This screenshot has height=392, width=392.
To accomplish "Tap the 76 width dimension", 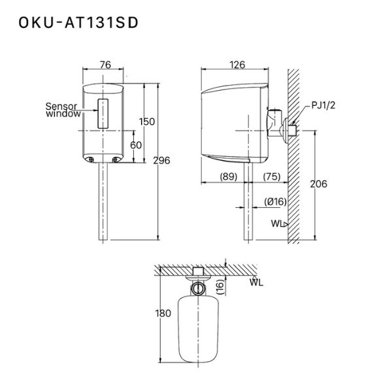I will coord(105,64).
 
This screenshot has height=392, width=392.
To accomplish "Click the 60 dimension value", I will coord(135,144).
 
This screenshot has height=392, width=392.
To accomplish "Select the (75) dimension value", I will coord(273,176).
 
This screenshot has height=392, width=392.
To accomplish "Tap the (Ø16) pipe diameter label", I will coord(276,202).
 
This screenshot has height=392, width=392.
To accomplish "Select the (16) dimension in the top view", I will coord(220,286).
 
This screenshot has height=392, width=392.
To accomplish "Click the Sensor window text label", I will coord(63,109).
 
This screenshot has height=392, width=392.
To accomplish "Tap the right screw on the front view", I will coord(116,159).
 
